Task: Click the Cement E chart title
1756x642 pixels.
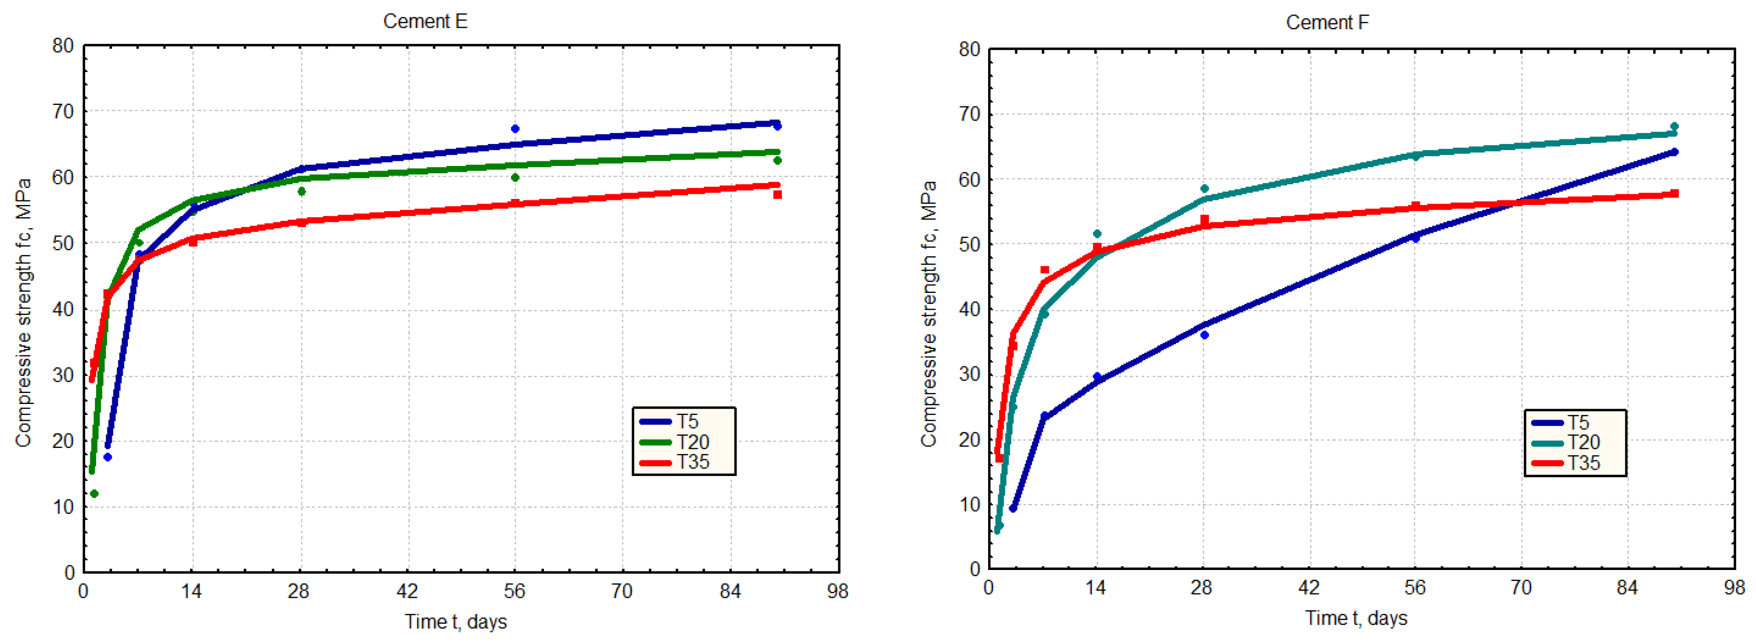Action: click(x=425, y=21)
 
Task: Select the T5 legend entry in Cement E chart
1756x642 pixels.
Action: click(x=684, y=421)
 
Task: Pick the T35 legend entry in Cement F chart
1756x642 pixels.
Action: click(x=1575, y=463)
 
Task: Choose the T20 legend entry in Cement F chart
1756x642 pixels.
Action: click(x=1575, y=442)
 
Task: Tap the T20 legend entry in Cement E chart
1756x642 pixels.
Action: click(x=684, y=442)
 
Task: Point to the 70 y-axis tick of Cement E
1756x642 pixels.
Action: click(x=63, y=111)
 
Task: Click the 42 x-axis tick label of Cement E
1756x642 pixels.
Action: click(x=407, y=591)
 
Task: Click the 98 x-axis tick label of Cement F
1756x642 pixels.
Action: click(x=1733, y=588)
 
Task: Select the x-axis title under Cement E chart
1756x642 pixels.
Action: click(x=455, y=622)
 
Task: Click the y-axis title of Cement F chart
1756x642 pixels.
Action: click(x=929, y=314)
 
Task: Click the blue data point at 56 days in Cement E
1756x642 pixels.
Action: click(x=515, y=129)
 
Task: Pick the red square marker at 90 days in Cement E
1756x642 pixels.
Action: click(x=777, y=195)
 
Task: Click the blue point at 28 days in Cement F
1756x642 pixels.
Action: click(x=1205, y=335)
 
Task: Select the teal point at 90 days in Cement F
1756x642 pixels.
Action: click(x=1674, y=127)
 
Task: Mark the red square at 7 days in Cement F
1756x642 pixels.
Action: click(x=1045, y=270)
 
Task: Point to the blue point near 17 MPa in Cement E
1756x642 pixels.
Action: click(x=107, y=457)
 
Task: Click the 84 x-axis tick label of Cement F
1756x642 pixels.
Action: click(x=1627, y=588)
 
